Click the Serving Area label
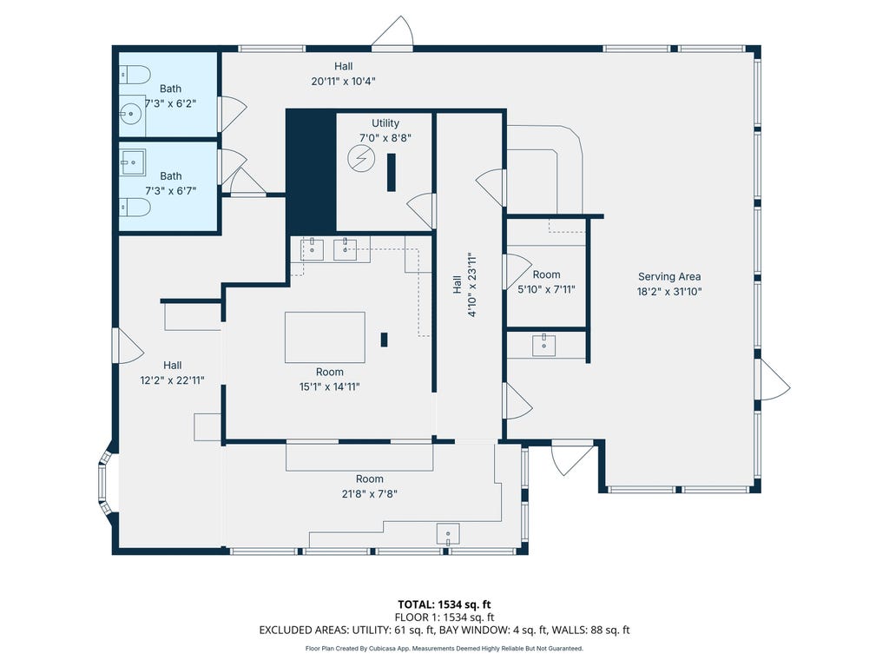[669, 277]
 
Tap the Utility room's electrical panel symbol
[361, 158]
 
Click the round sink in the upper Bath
[132, 114]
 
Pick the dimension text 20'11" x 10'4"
[343, 81]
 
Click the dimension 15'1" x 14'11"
[329, 386]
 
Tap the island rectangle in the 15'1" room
[325, 337]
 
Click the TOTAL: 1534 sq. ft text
[444, 604]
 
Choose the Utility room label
[385, 123]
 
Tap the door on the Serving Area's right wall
[774, 380]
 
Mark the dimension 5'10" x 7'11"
[546, 289]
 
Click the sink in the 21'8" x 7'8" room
[448, 534]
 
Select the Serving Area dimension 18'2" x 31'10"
[669, 292]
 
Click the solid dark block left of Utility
[311, 170]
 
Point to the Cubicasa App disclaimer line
[444, 648]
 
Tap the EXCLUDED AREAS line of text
[444, 630]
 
